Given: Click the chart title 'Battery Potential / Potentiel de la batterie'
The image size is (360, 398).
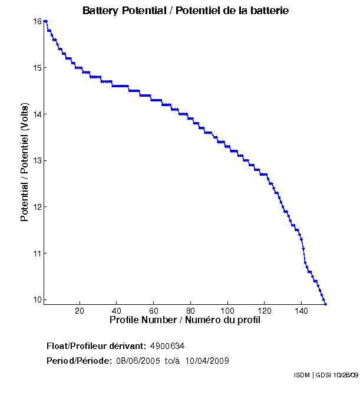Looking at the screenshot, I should coord(185,11).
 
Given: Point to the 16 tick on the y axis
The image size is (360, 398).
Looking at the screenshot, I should coord(37,21).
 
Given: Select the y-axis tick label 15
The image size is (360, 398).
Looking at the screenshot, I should coord(37,68).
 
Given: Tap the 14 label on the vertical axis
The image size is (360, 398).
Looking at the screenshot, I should coord(37,114).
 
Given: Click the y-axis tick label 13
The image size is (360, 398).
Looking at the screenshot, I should coord(37,160).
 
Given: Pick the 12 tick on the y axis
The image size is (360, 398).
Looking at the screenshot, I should coord(37,207).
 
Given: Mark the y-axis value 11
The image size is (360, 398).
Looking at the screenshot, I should coord(37,254).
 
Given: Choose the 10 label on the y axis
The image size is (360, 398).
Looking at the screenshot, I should coord(37,300).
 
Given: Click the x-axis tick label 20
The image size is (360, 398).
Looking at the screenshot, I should coord(80,310).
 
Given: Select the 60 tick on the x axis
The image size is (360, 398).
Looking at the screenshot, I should coord(154,310).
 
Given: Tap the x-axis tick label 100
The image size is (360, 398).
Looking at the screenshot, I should coord(227,310).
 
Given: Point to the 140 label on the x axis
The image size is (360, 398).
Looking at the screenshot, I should coord(302,310).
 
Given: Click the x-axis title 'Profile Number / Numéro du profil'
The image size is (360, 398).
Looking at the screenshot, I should coord(185,320).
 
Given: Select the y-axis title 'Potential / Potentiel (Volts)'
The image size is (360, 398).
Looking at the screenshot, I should coord(25,161).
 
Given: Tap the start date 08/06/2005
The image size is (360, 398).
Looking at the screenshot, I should coord(137,361).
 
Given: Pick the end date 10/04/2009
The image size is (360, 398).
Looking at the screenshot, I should coord(207,361).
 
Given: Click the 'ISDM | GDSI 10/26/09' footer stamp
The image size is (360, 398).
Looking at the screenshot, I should coord(325,375).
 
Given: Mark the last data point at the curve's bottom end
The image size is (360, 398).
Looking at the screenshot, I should coord(325,304).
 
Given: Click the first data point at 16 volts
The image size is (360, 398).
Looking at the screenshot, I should coord(44,21).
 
